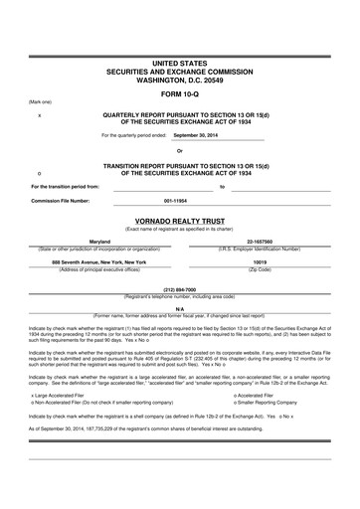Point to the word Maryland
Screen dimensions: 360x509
point(99,242)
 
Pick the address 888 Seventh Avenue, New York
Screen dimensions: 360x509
point(99,261)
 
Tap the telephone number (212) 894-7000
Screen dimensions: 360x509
point(180,290)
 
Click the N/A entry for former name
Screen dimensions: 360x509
point(180,309)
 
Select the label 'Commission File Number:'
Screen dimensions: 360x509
point(61,201)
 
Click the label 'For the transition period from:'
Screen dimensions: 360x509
point(66,187)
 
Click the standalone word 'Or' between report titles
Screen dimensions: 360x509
point(180,151)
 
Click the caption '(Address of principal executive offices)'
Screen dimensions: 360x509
point(100,269)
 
